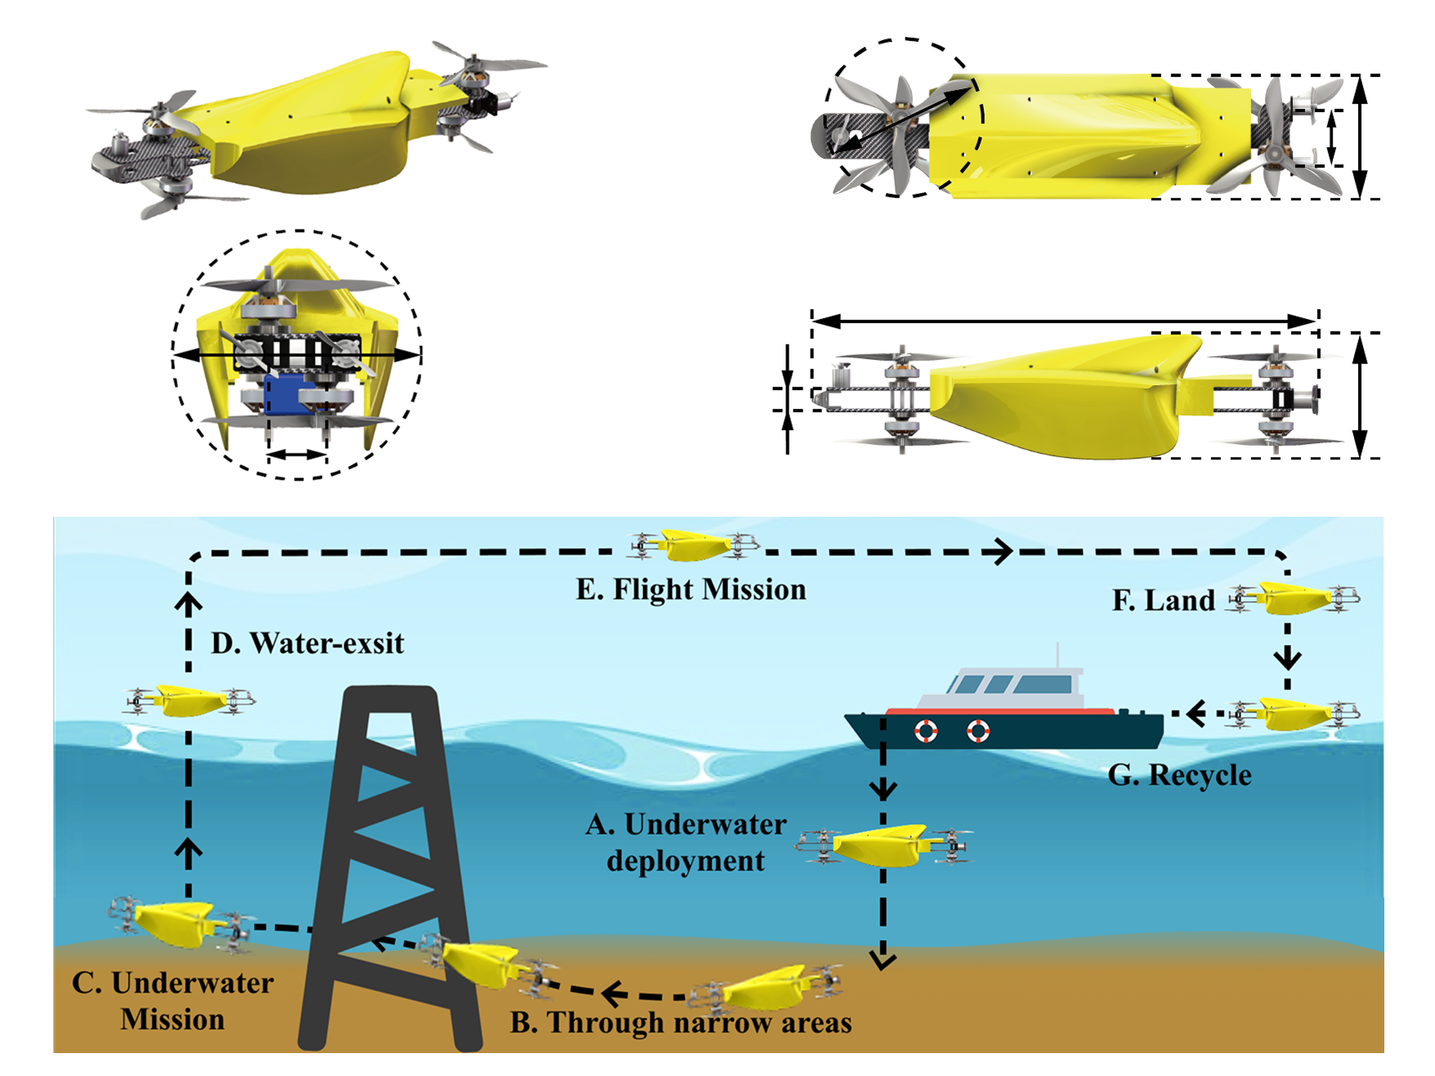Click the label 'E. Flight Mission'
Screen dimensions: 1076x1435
click(691, 590)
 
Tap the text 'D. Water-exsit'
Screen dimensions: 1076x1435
click(307, 643)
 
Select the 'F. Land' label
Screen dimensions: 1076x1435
click(1163, 601)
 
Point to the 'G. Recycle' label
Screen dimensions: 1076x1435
click(1179, 775)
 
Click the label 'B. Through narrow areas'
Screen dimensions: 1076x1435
click(681, 1023)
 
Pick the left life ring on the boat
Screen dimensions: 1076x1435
click(925, 730)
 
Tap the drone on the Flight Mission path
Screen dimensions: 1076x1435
click(694, 545)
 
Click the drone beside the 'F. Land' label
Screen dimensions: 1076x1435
click(1294, 599)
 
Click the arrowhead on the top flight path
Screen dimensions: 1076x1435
click(1001, 552)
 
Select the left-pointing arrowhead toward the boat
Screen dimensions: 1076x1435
click(1196, 714)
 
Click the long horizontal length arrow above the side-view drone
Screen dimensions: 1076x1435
click(1063, 321)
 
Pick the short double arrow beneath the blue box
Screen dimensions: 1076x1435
click(297, 454)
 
